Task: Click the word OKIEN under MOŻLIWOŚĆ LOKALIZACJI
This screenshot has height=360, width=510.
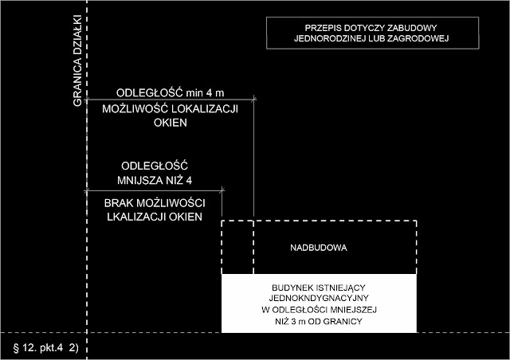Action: (x=169, y=123)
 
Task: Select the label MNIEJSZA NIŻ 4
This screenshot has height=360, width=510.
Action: (x=151, y=178)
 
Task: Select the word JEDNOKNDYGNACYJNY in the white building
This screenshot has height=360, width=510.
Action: (x=318, y=296)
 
